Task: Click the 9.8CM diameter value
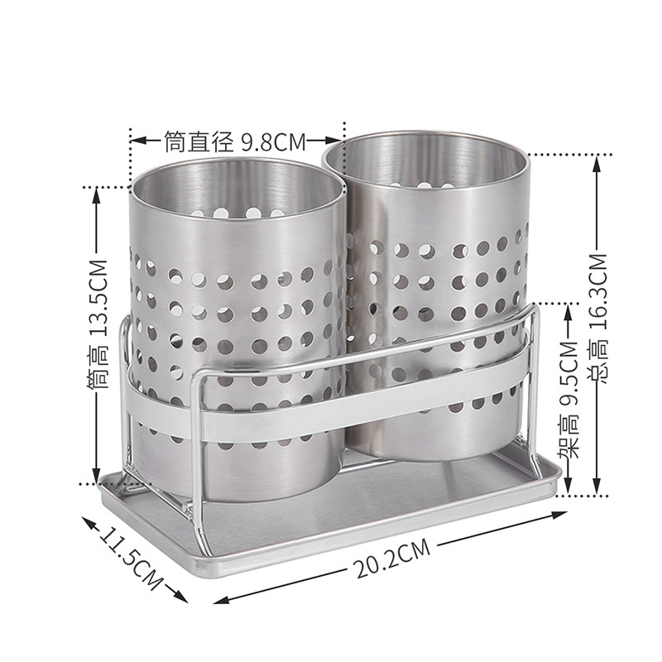(274, 142)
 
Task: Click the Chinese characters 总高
(598, 363)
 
